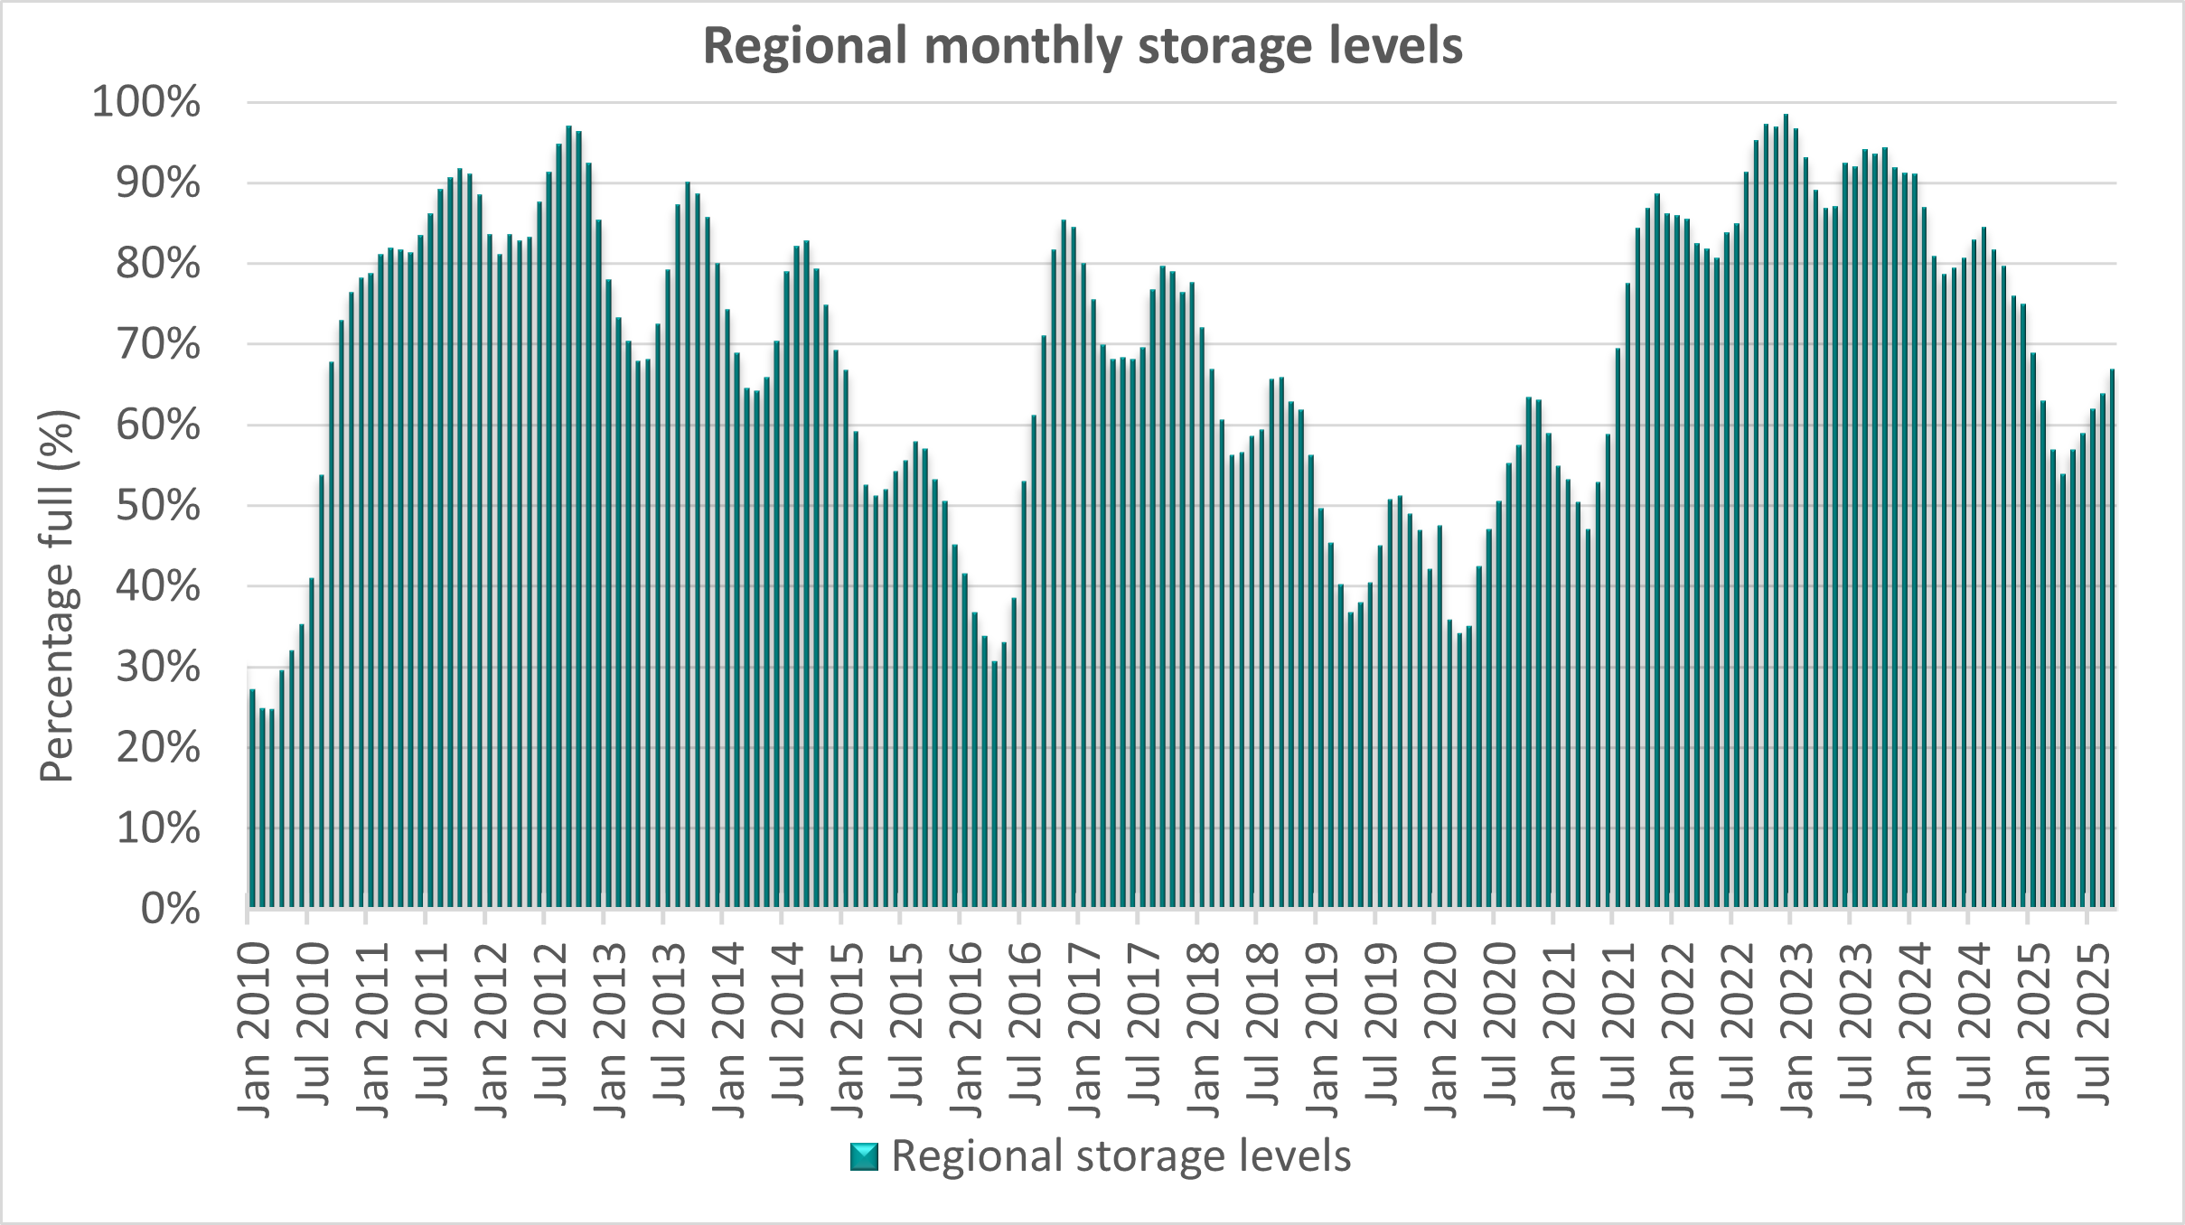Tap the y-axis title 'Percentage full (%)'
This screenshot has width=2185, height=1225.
coord(60,597)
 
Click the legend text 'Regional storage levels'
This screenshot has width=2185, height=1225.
coord(1121,1155)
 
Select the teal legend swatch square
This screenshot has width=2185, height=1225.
coord(864,1157)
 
